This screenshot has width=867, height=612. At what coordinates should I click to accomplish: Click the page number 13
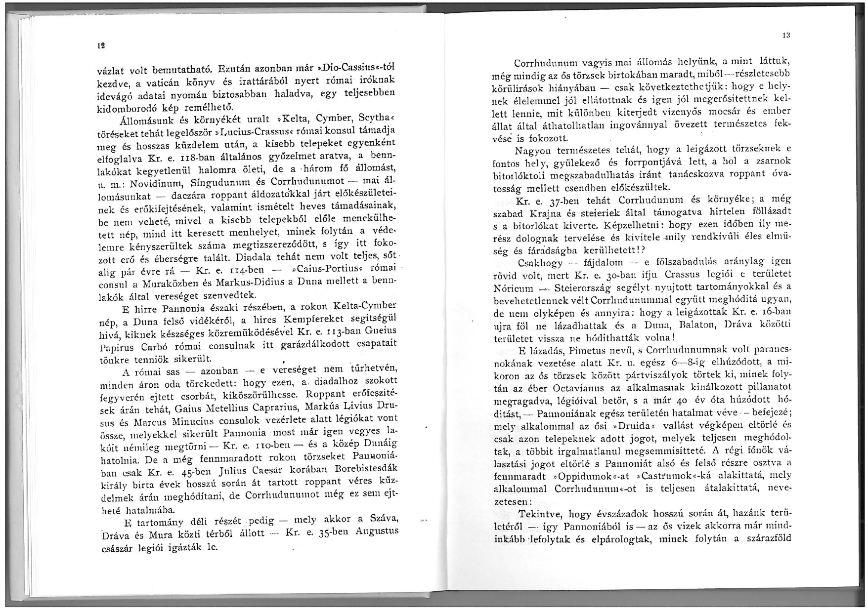[785, 36]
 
